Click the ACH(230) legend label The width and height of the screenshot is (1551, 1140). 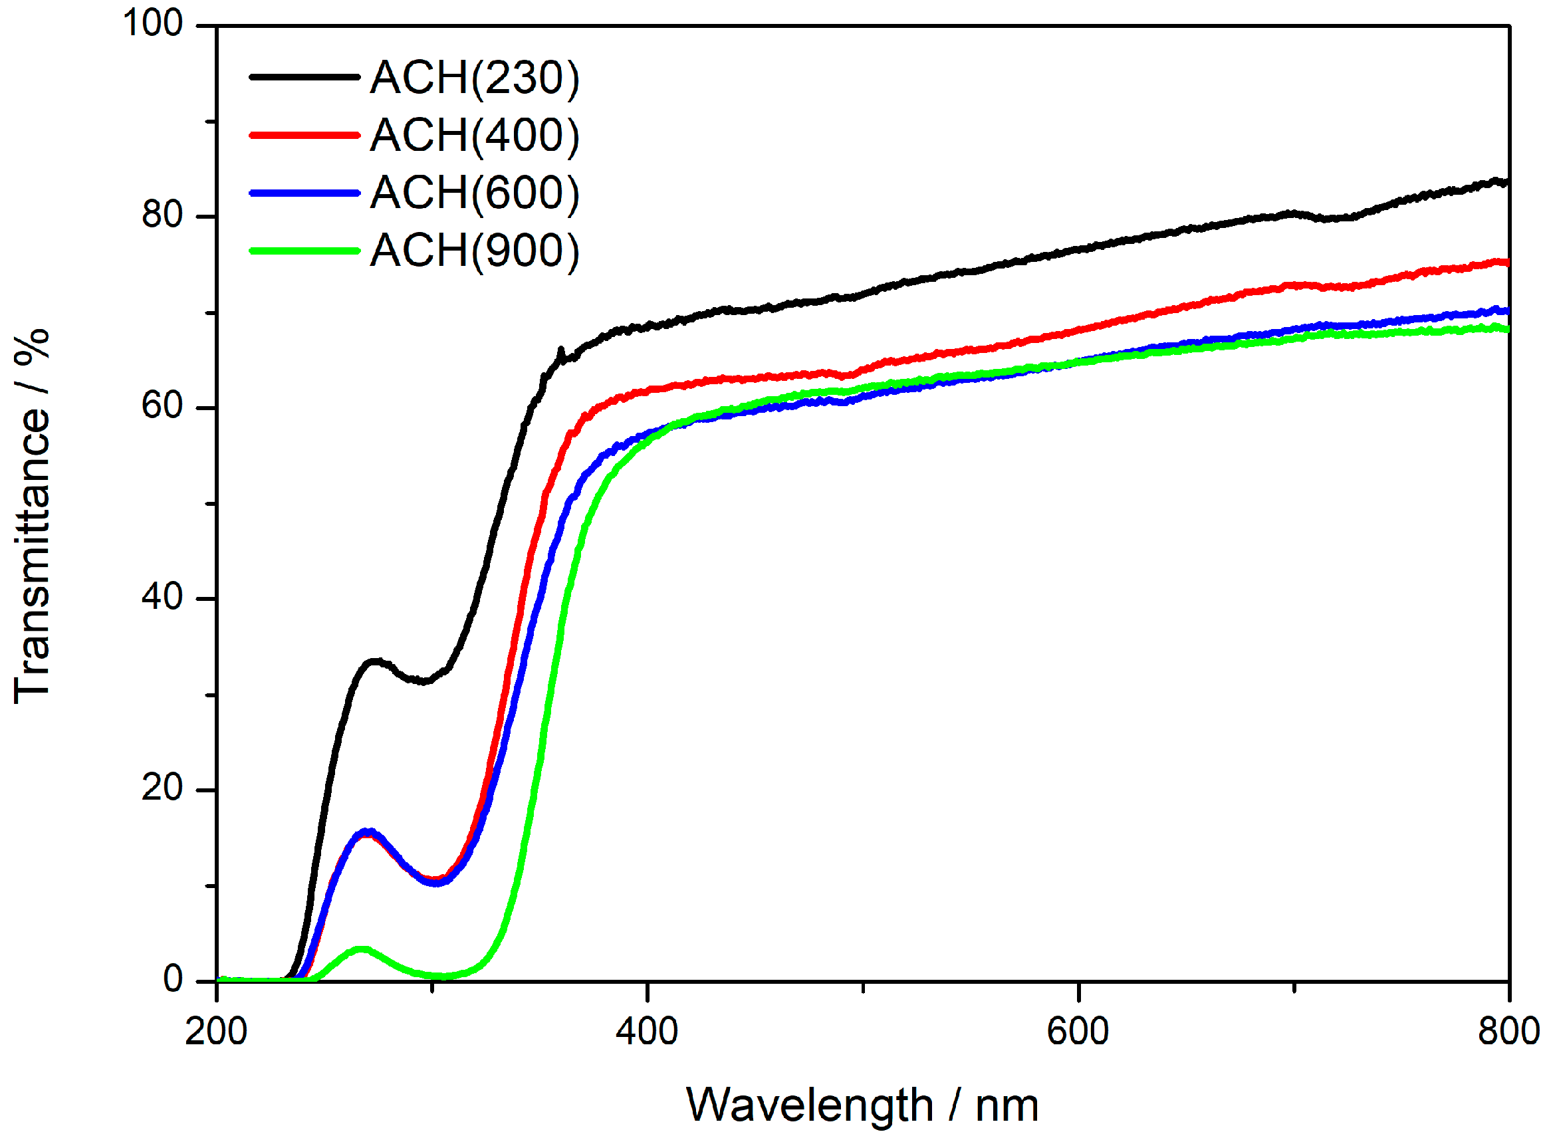point(473,77)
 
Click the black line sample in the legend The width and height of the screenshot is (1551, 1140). point(304,77)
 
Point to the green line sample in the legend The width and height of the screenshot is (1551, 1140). point(304,251)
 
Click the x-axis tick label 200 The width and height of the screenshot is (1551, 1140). point(216,1032)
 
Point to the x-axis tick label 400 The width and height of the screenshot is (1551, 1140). point(647,1032)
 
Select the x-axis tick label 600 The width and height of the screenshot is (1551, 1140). point(1078,1032)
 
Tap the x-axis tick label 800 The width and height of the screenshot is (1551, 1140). point(1509,1032)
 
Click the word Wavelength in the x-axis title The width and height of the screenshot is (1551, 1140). point(809,1106)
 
